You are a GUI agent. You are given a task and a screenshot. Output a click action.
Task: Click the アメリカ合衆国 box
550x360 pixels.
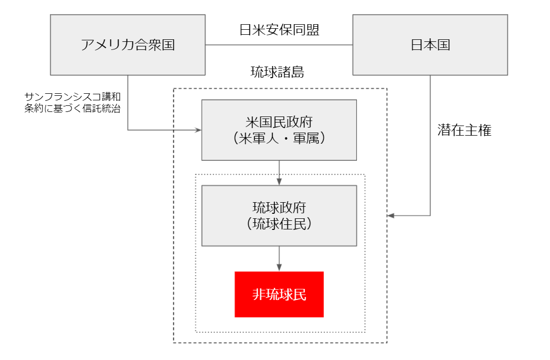[128, 45]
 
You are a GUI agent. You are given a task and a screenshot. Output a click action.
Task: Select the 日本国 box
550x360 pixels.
[430, 45]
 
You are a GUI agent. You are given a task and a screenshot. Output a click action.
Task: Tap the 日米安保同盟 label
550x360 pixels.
[279, 30]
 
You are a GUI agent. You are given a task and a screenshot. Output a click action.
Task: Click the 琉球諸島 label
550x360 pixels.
[277, 72]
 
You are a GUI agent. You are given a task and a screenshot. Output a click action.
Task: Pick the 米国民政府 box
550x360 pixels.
[279, 130]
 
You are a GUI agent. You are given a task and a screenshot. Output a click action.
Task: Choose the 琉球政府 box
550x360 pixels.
[279, 216]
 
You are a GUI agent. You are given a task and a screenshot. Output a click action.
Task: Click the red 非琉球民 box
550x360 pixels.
[279, 294]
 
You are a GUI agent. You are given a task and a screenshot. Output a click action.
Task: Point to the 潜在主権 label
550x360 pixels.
[464, 130]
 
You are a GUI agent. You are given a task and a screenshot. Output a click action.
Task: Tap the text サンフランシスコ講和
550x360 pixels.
[73, 97]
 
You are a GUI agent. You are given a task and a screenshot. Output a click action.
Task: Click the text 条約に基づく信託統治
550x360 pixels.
[73, 108]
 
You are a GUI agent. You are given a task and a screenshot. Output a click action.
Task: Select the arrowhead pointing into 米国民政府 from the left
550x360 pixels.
[198, 130]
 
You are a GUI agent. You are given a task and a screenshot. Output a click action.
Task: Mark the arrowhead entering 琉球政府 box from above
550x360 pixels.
[279, 182]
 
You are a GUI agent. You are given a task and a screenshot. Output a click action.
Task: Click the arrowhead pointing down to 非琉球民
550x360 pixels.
[279, 268]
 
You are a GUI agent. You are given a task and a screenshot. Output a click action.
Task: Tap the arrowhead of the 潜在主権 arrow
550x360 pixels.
[391, 215]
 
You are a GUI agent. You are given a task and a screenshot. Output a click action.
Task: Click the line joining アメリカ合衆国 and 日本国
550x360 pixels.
[279, 45]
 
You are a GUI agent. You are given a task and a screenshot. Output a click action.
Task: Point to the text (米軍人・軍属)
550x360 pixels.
[279, 138]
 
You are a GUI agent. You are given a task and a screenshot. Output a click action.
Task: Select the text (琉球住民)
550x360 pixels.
[279, 224]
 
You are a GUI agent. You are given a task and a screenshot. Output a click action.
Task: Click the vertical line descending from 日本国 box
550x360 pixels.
[431, 145]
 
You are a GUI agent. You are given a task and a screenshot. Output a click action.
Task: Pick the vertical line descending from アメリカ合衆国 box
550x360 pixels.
[128, 102]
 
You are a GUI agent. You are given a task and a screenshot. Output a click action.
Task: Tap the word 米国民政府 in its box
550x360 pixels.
[279, 122]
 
